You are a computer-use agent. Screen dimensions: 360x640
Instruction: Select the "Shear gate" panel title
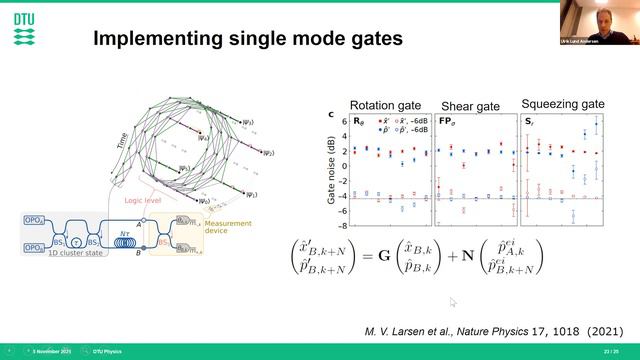point(474,106)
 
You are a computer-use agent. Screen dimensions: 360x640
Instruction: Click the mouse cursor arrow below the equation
point(453,302)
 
